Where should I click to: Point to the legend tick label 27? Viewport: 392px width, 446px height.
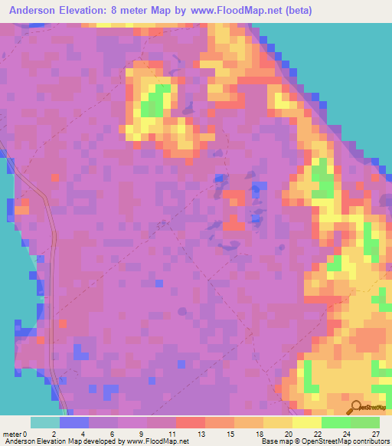375,433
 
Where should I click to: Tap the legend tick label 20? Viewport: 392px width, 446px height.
287,433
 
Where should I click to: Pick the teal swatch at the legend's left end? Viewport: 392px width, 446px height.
45,422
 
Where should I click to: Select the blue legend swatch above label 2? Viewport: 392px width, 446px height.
74,422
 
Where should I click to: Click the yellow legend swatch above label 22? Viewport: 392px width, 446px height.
307,422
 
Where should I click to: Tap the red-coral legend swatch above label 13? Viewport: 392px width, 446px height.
191,422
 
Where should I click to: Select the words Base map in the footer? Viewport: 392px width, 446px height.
272,441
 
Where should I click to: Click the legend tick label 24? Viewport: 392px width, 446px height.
345,433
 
